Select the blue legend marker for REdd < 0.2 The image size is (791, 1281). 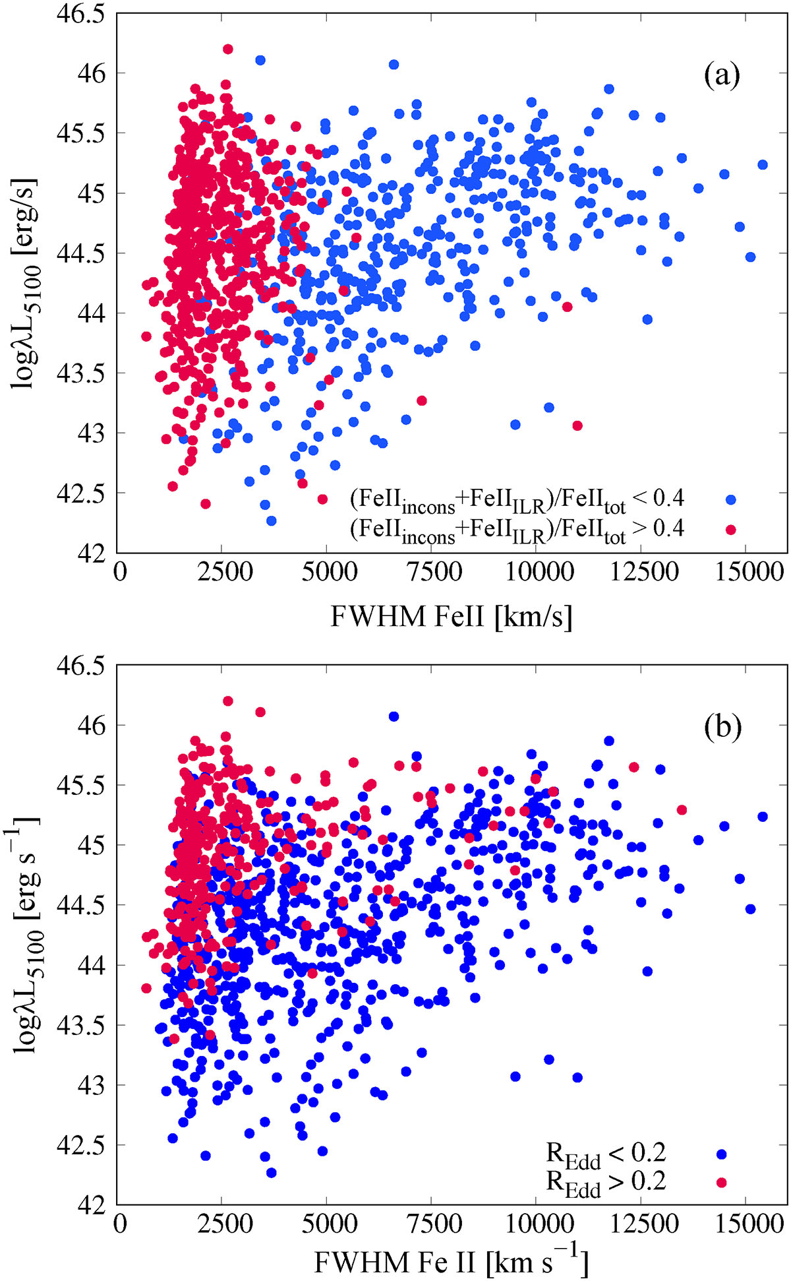click(722, 1154)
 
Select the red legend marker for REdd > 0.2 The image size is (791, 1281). click(722, 1183)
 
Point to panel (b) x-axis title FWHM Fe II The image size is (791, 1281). click(451, 1261)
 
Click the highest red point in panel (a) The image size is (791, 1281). click(228, 49)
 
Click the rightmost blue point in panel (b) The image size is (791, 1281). click(763, 817)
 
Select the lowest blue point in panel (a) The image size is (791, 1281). click(271, 520)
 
